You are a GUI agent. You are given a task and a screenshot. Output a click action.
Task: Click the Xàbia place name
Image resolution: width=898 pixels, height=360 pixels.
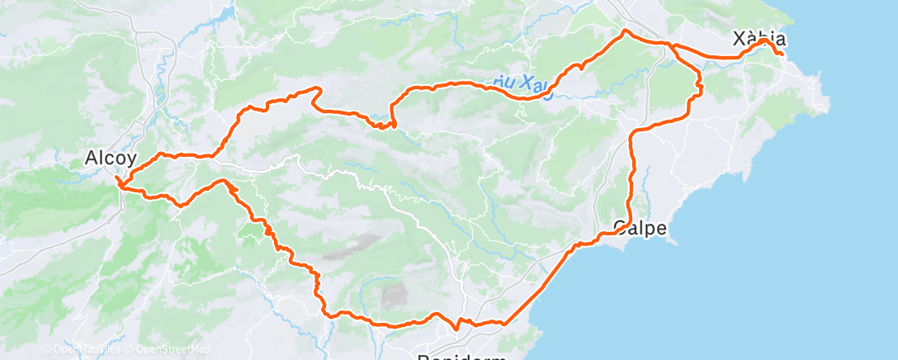(759, 40)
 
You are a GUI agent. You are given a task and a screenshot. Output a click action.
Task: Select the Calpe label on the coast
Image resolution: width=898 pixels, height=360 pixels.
(640, 229)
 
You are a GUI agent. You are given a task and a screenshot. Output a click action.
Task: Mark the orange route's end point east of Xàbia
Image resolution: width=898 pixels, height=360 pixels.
(781, 54)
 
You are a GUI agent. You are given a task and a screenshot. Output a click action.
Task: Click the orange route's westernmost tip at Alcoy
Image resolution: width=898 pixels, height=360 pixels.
(118, 179)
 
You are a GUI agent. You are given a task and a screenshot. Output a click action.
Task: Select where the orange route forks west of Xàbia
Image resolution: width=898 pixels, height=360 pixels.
(673, 45)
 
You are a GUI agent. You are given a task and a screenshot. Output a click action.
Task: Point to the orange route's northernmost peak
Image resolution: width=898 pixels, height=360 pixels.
(625, 31)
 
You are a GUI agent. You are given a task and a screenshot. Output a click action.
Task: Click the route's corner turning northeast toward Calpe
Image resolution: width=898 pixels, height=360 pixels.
(503, 323)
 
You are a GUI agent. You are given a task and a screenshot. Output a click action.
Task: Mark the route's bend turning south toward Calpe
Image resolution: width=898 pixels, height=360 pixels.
(634, 132)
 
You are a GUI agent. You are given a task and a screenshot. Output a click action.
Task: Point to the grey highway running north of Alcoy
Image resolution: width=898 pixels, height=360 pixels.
(152, 74)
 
